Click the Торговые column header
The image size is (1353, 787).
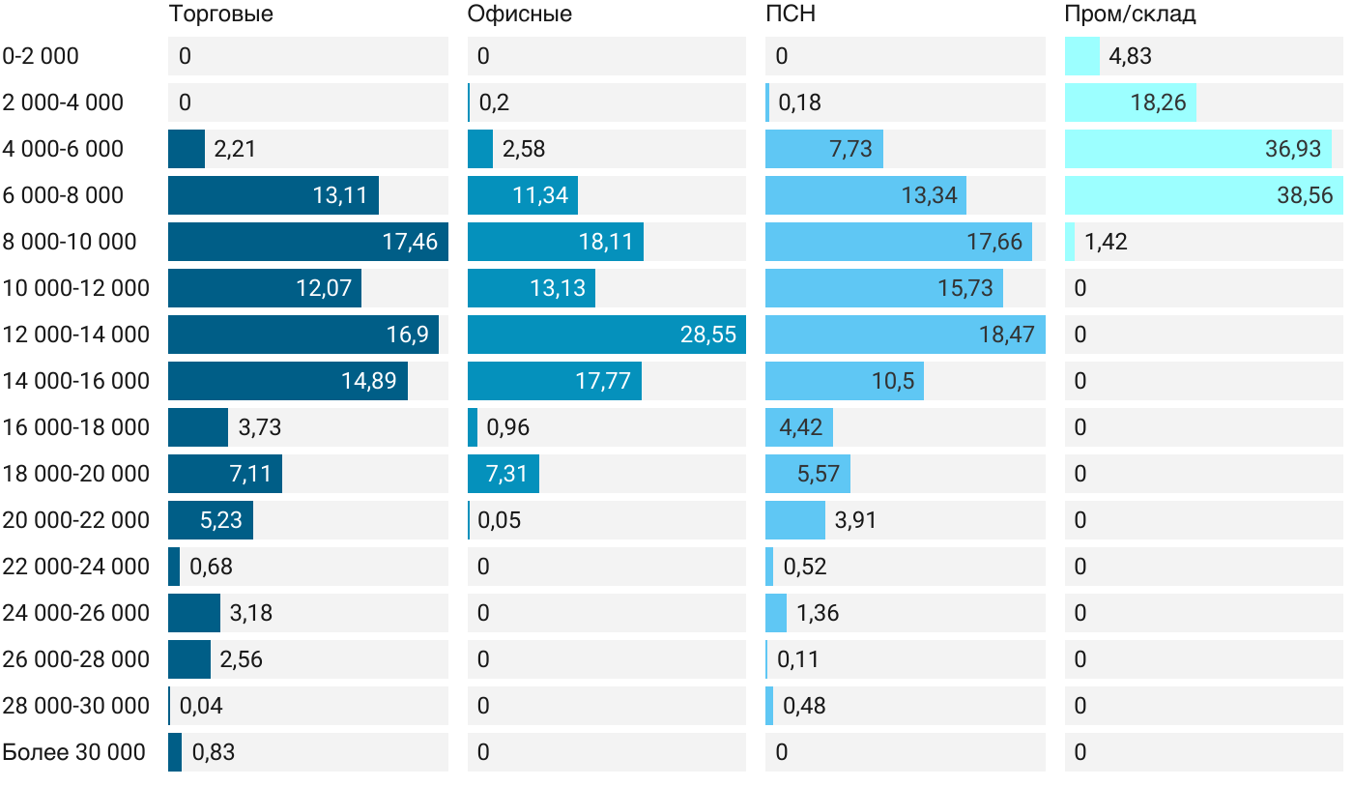[x=220, y=15]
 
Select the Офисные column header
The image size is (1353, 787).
[x=519, y=15]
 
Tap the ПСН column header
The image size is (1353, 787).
[x=784, y=15]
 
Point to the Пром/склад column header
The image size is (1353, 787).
[x=1130, y=15]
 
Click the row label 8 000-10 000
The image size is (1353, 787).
[x=70, y=242]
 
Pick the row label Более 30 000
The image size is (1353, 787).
[x=73, y=752]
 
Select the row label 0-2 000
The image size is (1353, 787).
[x=41, y=56]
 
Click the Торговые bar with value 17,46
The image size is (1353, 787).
[x=307, y=242]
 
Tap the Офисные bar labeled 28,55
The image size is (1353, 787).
[x=606, y=335]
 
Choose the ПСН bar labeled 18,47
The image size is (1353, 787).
[x=905, y=335]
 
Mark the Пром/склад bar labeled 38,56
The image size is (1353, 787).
[x=1203, y=195]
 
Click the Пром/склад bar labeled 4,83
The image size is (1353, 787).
[x=1081, y=56]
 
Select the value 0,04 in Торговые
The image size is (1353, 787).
[x=201, y=706]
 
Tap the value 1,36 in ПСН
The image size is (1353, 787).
[x=818, y=613]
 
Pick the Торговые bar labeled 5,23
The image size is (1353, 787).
[x=210, y=520]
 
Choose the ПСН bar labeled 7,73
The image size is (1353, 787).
[x=823, y=149]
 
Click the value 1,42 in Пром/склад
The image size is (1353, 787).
[x=1106, y=242]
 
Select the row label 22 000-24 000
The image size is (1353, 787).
[x=76, y=567]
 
